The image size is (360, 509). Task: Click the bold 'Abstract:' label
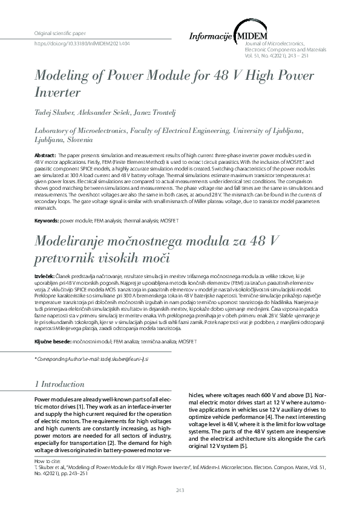click(x=47, y=156)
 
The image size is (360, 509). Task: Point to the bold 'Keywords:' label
click(x=47, y=221)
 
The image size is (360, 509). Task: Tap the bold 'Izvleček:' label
click(x=45, y=276)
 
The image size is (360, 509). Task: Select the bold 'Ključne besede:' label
click(x=52, y=342)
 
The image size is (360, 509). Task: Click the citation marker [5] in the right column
click(x=243, y=446)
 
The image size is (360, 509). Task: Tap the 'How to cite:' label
click(x=47, y=461)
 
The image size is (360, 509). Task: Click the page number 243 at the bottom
click(x=180, y=490)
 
